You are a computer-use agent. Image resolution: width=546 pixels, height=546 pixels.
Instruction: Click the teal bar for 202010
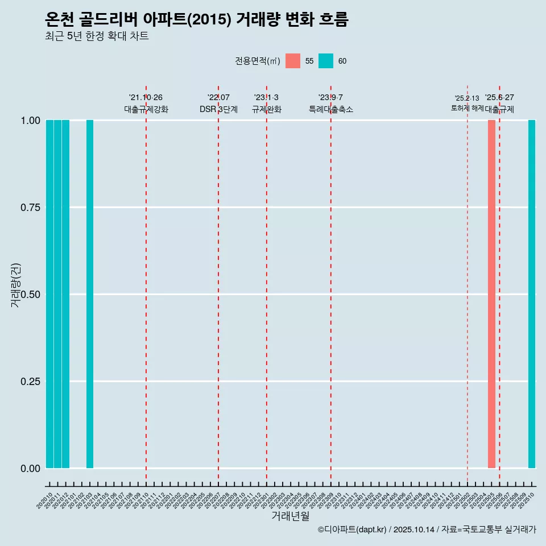tap(49, 294)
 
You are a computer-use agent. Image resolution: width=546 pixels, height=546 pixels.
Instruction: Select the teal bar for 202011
tap(57, 294)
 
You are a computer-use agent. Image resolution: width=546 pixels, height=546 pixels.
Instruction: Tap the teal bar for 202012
tap(65, 294)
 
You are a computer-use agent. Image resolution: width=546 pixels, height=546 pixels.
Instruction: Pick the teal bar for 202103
tap(90, 294)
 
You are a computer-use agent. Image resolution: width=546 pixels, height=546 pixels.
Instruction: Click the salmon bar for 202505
tap(491, 294)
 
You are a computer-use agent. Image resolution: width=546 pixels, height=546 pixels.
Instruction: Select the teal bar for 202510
tap(532, 294)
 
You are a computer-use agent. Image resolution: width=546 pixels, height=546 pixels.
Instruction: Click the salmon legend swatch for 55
tap(293, 61)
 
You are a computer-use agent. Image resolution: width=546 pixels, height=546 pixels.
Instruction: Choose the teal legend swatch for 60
tap(326, 61)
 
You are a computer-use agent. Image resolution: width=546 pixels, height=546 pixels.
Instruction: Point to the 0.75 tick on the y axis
tap(31, 208)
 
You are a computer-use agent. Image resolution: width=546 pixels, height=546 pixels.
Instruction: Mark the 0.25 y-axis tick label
tap(31, 382)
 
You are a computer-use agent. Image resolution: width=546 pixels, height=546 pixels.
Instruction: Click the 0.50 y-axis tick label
tap(31, 295)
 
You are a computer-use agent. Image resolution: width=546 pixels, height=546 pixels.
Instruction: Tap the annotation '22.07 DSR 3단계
tap(218, 104)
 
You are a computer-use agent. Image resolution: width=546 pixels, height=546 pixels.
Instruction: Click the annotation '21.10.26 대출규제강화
tap(146, 104)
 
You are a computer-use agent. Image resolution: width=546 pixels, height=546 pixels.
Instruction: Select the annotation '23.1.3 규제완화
tap(266, 104)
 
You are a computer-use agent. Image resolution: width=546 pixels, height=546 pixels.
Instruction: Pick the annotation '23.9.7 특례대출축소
tap(330, 104)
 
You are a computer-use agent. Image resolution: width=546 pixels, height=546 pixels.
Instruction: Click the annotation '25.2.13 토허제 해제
tap(467, 103)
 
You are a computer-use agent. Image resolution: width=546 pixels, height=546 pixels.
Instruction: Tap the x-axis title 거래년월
tap(290, 516)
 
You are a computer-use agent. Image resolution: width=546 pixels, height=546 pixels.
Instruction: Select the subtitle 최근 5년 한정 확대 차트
tap(97, 36)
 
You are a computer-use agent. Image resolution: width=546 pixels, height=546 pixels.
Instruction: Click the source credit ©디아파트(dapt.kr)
tap(353, 530)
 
